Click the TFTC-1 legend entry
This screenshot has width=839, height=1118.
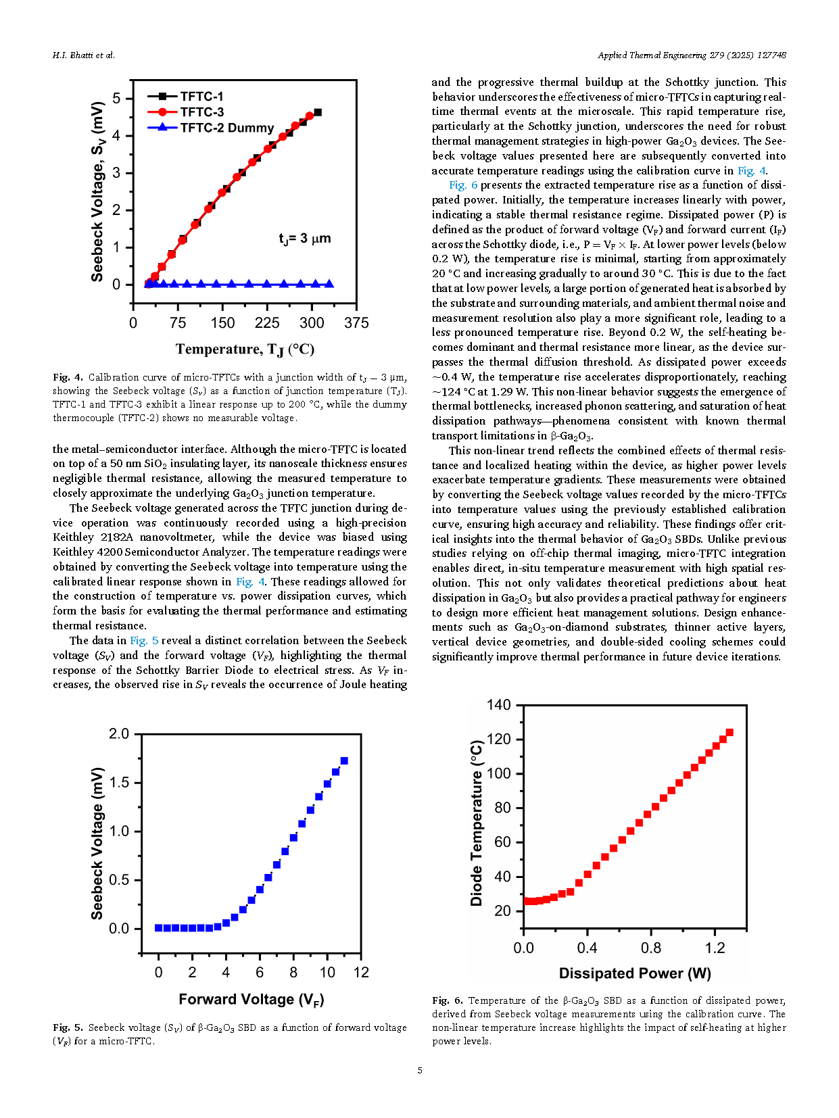pyautogui.click(x=185, y=96)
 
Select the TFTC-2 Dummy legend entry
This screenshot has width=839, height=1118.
pyautogui.click(x=211, y=127)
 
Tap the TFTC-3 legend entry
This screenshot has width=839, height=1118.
pyautogui.click(x=186, y=112)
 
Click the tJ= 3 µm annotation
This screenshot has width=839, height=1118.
pyautogui.click(x=305, y=239)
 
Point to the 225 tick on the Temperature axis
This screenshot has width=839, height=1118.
pyautogui.click(x=267, y=323)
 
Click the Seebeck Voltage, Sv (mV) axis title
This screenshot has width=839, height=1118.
pyautogui.click(x=97, y=191)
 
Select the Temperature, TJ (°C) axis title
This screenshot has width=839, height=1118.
pyautogui.click(x=245, y=349)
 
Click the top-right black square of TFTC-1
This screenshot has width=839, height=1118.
pyautogui.click(x=317, y=112)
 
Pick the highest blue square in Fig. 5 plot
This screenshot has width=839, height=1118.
pyautogui.click(x=344, y=760)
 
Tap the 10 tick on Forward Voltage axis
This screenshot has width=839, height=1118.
pyautogui.click(x=327, y=972)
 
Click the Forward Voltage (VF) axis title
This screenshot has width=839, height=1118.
pyautogui.click(x=251, y=1000)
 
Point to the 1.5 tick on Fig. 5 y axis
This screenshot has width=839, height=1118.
pyautogui.click(x=119, y=783)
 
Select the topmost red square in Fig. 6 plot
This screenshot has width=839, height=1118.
pyautogui.click(x=729, y=733)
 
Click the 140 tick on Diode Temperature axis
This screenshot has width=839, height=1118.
pyautogui.click(x=498, y=705)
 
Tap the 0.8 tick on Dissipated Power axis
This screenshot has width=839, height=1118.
pyautogui.click(x=651, y=948)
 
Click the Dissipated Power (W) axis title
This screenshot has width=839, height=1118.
pyautogui.click(x=635, y=973)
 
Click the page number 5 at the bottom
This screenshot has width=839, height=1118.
pyautogui.click(x=420, y=1070)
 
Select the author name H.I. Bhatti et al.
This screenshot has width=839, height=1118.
pyautogui.click(x=84, y=55)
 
